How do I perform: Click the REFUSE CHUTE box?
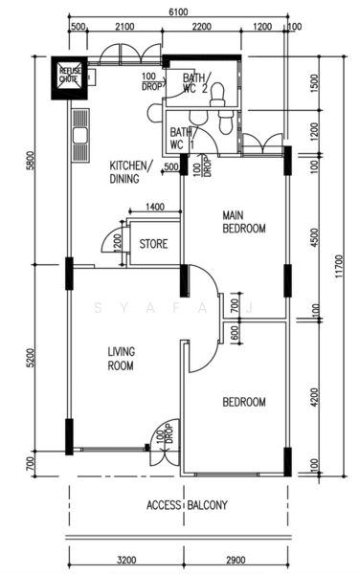pos(69,78)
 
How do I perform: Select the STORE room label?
pos(153,244)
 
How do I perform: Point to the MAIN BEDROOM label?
pos(244,222)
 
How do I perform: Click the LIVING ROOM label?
pos(121,359)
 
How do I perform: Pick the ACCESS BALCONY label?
pos(187,505)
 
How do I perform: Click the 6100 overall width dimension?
pos(178,12)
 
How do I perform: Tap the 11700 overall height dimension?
pos(339,267)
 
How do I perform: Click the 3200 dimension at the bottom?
pos(126,560)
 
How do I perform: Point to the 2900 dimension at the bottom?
pos(236,560)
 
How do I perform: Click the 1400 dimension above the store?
pos(155,207)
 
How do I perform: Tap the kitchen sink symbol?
pos(80,136)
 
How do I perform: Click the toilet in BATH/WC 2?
pos(217,95)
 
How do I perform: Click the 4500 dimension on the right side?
pos(315,237)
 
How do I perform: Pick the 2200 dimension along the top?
pos(201,27)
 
